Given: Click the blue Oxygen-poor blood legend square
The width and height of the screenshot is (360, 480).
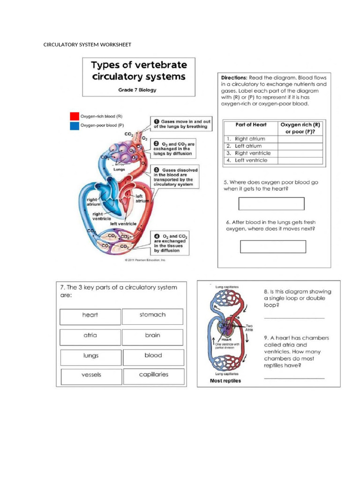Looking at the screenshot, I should point(74,125).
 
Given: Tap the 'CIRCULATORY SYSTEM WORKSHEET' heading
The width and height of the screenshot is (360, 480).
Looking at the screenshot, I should point(87,45).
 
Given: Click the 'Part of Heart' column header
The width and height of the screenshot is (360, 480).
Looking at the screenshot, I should point(250,125).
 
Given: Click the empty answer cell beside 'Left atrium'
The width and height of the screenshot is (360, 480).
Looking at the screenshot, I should point(300,146).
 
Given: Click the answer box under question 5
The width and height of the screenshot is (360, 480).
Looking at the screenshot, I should point(271,203).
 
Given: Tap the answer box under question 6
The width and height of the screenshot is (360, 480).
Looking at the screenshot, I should point(273,247).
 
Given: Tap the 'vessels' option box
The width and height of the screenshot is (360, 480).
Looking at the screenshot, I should point(91,376).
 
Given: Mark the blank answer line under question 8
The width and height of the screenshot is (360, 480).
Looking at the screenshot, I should point(294,318).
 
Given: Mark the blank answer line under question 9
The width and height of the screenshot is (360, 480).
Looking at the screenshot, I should point(294,377).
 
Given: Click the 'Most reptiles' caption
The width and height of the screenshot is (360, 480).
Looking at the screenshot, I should point(225,381).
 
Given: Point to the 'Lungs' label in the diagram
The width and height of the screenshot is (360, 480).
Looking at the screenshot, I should point(119,170).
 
